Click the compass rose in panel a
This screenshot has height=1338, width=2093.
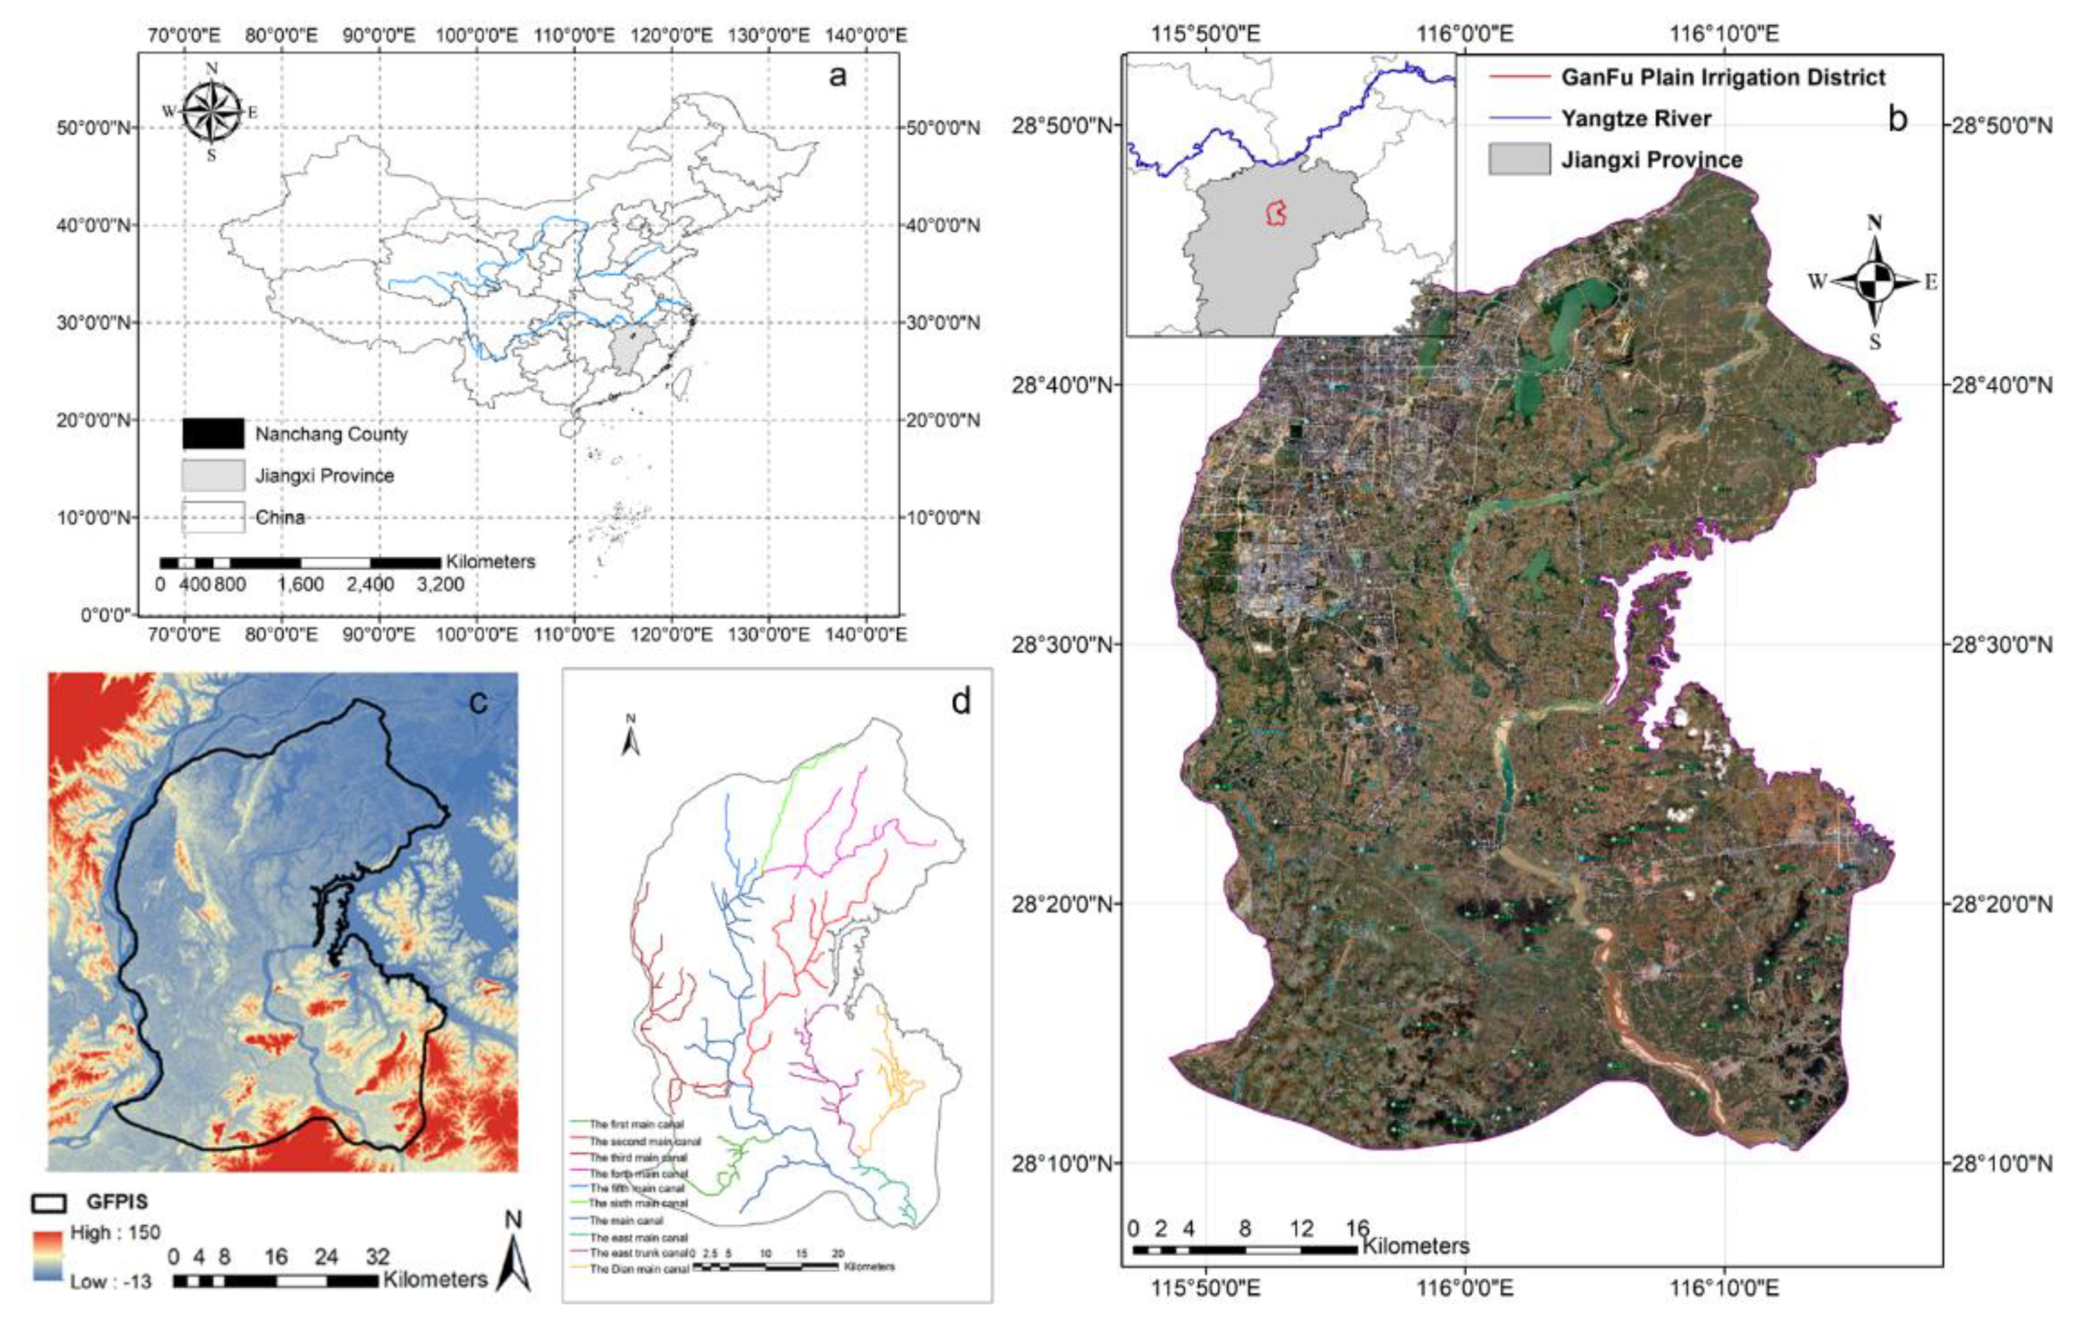pyautogui.click(x=211, y=112)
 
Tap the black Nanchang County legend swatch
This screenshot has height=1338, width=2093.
pyautogui.click(x=213, y=434)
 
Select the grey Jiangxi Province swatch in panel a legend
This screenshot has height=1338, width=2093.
pyautogui.click(x=213, y=475)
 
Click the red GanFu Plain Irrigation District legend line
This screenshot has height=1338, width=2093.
pyautogui.click(x=1519, y=77)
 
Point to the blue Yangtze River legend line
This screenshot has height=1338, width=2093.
pyautogui.click(x=1519, y=118)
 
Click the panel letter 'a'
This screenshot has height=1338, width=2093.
pyautogui.click(x=837, y=77)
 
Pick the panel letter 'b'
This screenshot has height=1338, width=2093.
pyautogui.click(x=1897, y=118)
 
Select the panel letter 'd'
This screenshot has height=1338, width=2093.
pyautogui.click(x=959, y=700)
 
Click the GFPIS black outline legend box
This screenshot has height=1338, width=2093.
pyautogui.click(x=50, y=1204)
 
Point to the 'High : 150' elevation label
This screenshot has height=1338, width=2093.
pyautogui.click(x=115, y=1233)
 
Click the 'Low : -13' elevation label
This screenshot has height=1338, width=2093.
pyautogui.click(x=111, y=1281)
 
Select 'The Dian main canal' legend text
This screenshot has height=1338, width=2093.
pyautogui.click(x=639, y=1269)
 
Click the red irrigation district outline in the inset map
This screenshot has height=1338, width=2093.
pyautogui.click(x=1275, y=213)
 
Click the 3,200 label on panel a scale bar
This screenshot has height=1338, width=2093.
pyautogui.click(x=440, y=585)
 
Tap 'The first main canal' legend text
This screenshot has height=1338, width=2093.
pyautogui.click(x=636, y=1124)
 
